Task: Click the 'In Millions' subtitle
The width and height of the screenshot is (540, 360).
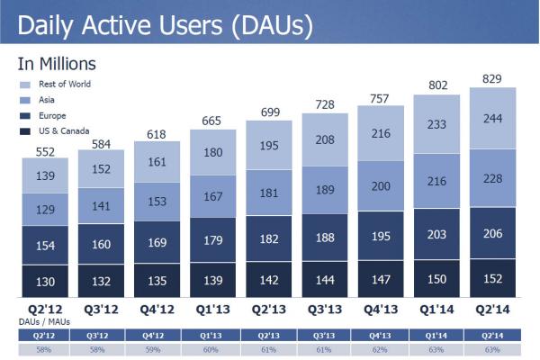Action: tap(57, 64)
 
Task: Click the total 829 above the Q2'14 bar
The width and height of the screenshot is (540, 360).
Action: tap(492, 78)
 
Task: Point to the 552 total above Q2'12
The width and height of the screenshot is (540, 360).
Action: tap(46, 151)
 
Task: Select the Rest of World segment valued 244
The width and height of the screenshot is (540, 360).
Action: tap(492, 118)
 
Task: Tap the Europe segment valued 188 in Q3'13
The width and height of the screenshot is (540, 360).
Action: tap(325, 238)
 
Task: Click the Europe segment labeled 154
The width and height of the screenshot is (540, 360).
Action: tap(46, 246)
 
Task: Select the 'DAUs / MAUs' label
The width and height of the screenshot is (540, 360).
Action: tap(40, 320)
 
